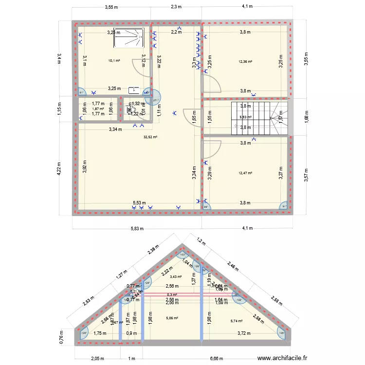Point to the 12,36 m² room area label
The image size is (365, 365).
[x=246, y=62]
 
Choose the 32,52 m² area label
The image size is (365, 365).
[x=151, y=137]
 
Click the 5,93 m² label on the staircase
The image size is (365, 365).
[x=246, y=117]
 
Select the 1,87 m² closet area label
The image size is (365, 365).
[x=98, y=109]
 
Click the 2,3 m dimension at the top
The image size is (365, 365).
[x=176, y=7]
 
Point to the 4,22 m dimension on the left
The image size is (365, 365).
[x=59, y=170]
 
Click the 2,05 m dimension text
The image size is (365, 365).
[x=97, y=358]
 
